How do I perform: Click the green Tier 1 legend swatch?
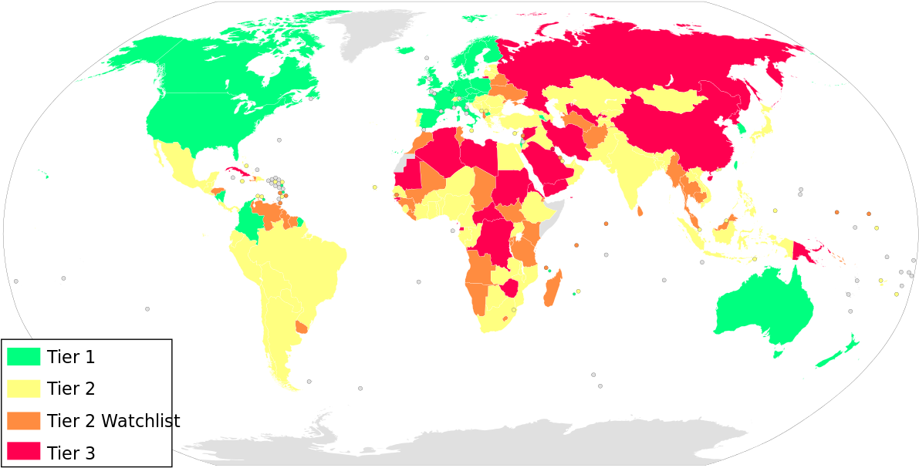[23, 356]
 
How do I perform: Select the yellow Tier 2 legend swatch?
[23, 389]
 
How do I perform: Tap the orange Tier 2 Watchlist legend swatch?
[23, 421]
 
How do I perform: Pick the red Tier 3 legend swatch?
[23, 453]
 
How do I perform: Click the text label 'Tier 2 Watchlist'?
[113, 422]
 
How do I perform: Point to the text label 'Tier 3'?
[71, 453]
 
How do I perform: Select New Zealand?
[841, 351]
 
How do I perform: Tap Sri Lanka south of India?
[640, 211]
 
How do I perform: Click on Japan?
[764, 123]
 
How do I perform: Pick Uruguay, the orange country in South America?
[302, 328]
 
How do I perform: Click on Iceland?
[406, 51]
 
